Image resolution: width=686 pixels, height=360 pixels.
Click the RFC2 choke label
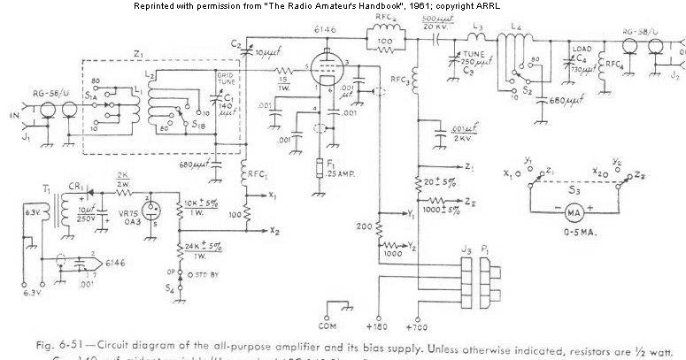pos(382,19)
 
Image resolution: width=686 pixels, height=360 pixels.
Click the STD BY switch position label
pos(203,282)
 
